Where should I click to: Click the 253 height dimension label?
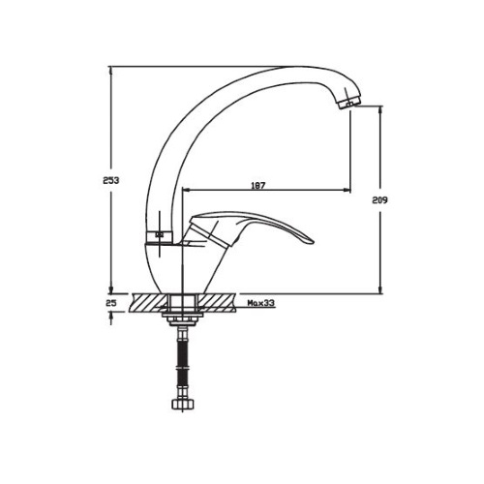coord(111,180)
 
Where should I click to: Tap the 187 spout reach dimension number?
coord(257,186)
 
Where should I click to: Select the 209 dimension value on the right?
coord(379,200)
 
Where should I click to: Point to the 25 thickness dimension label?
coord(111,303)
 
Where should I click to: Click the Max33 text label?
coord(260,303)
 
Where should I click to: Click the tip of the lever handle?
coord(314,242)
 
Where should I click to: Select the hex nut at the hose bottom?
coord(183,405)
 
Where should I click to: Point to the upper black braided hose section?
coord(183,352)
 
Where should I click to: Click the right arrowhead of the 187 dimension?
coord(348,190)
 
